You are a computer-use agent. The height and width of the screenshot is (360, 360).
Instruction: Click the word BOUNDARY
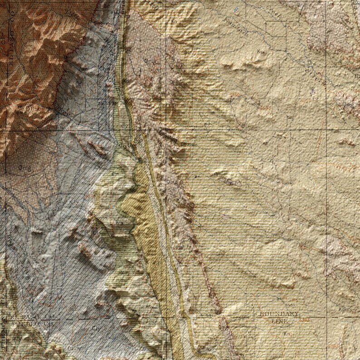tap(279, 314)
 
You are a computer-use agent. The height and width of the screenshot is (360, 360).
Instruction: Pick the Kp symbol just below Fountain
tap(260, 51)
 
